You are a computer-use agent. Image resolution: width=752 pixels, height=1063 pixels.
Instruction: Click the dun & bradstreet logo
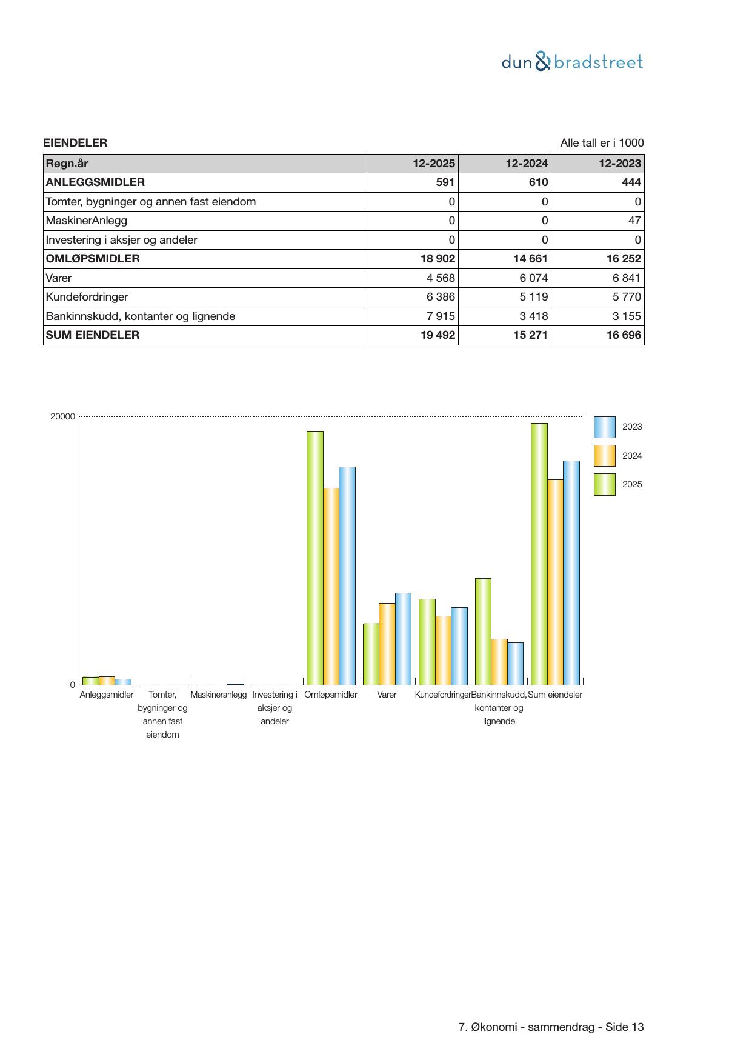[572, 62]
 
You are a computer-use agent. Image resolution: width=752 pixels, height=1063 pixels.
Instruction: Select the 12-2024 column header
[527, 164]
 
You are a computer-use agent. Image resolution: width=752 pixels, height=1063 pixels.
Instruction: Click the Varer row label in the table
[59, 278]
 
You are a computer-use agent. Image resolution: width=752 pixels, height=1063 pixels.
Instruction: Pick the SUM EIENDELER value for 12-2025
[438, 335]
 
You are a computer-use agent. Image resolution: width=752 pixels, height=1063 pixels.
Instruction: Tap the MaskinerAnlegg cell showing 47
[634, 221]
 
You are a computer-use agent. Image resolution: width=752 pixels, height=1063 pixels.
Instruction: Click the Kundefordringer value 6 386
[441, 297]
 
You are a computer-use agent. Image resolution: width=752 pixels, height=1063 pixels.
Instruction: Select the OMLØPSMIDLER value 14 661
[530, 259]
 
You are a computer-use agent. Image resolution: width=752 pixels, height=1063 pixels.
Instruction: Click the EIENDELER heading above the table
[75, 143]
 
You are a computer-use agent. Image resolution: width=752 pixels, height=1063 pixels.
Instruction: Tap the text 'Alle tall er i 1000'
[602, 143]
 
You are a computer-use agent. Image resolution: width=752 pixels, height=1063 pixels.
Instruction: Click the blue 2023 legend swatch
[604, 427]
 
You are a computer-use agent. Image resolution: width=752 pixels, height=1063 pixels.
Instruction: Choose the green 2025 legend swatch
[604, 485]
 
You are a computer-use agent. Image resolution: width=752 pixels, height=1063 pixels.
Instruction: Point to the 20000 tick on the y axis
[62, 417]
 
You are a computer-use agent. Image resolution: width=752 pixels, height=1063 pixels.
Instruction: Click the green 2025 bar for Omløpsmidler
[315, 558]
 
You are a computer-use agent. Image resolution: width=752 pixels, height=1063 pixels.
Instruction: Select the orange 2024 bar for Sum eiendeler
[555, 582]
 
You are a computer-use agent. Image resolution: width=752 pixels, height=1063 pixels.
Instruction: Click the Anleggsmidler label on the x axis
[107, 695]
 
